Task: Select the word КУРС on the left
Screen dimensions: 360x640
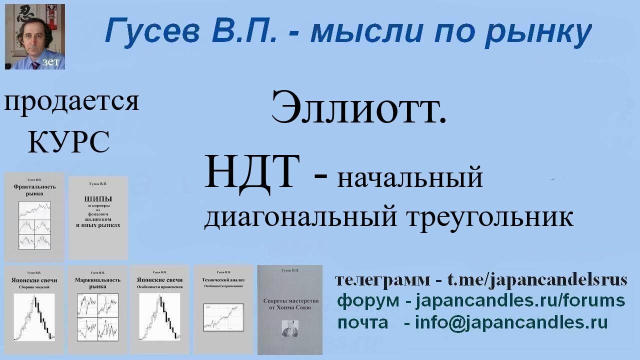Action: click(68, 141)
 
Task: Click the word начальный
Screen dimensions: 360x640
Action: click(410, 177)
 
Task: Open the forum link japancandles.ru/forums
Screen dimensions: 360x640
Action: click(520, 301)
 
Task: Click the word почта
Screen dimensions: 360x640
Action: click(362, 322)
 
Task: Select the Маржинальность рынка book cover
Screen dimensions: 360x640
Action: click(97, 309)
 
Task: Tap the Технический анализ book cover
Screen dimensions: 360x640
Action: click(223, 309)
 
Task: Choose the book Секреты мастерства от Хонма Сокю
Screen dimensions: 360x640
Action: click(289, 309)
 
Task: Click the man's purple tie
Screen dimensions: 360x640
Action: click(35, 65)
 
